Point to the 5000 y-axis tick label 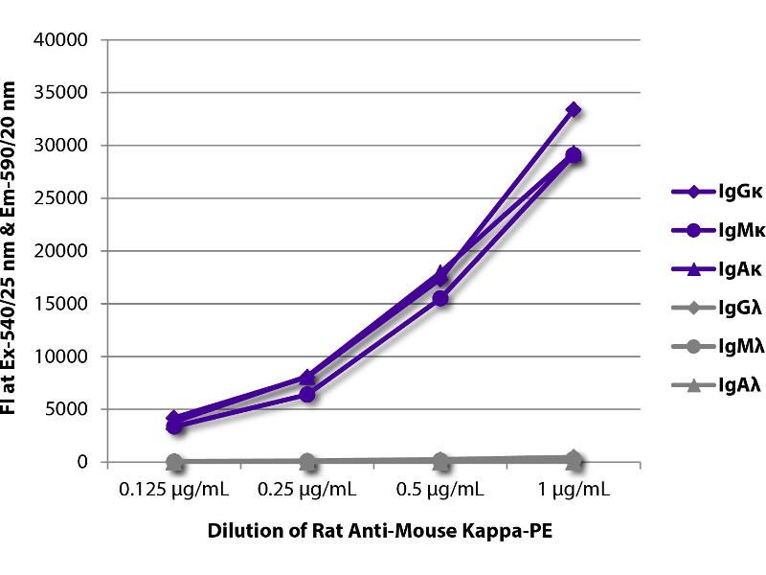(69, 409)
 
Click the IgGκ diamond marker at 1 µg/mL (573, 109)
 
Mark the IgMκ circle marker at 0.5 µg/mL (439, 299)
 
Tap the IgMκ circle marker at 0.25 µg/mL (306, 394)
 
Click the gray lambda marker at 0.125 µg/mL (174, 462)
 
